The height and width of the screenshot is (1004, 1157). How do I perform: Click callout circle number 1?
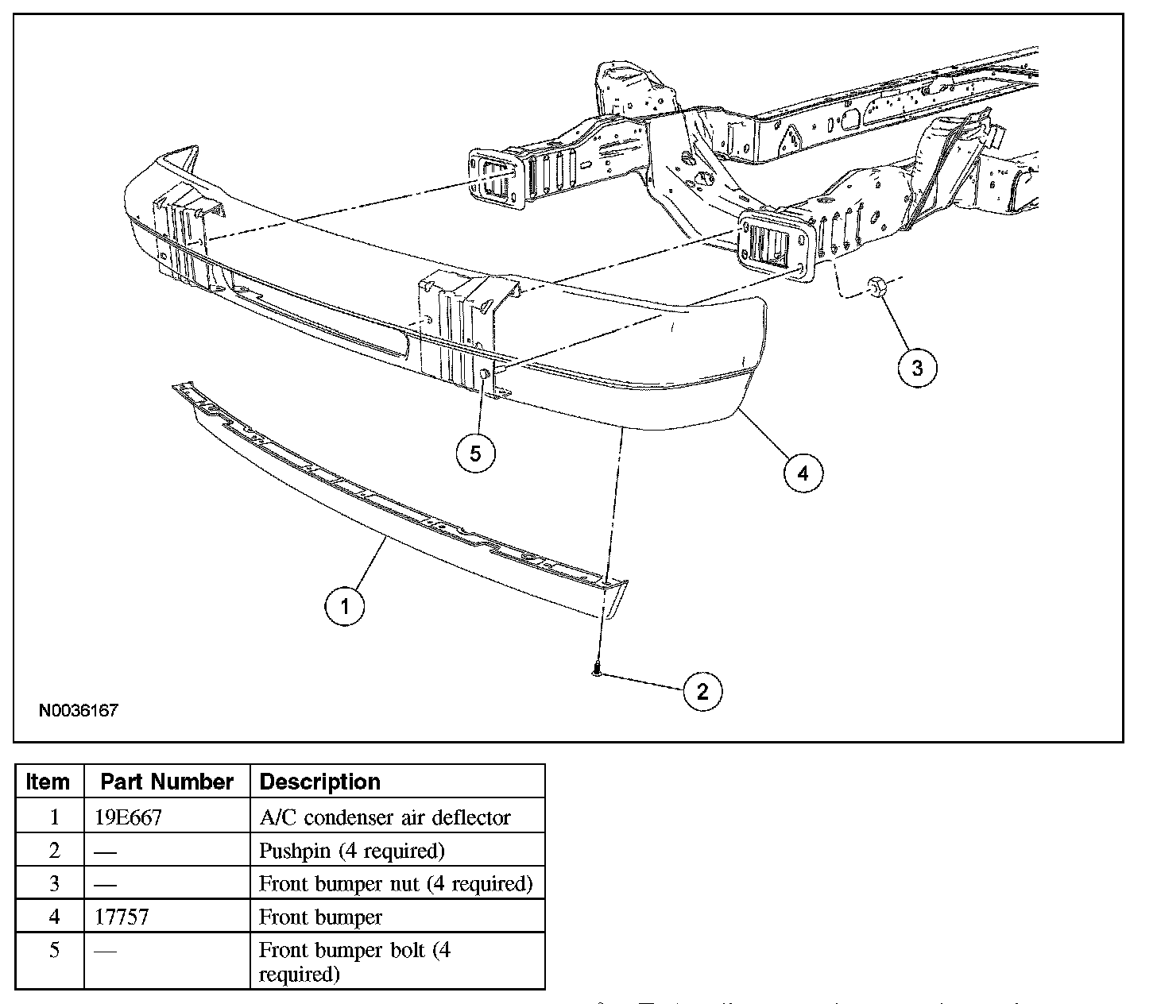pyautogui.click(x=345, y=607)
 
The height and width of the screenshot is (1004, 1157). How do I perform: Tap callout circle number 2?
pyautogui.click(x=702, y=691)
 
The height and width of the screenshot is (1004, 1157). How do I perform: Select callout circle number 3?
pyautogui.click(x=917, y=368)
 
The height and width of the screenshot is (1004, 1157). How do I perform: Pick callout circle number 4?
pyautogui.click(x=803, y=473)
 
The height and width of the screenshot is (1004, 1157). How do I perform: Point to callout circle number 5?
pyautogui.click(x=475, y=454)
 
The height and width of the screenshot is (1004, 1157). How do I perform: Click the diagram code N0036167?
pyautogui.click(x=79, y=710)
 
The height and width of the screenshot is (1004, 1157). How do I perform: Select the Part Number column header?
pyautogui.click(x=167, y=782)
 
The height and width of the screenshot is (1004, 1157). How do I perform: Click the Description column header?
pyautogui.click(x=320, y=782)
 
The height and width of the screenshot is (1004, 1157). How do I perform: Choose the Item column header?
pyautogui.click(x=48, y=782)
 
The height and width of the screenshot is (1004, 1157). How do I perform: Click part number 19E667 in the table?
pyautogui.click(x=128, y=817)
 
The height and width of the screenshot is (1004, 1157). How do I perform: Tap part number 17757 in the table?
pyautogui.click(x=122, y=917)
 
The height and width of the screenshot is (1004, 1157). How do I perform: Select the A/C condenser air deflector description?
pyautogui.click(x=385, y=817)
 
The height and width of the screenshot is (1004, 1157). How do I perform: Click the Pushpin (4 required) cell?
pyautogui.click(x=352, y=851)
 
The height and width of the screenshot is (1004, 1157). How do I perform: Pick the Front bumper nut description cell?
pyautogui.click(x=396, y=883)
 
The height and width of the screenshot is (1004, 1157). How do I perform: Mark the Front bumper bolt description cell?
pyautogui.click(x=354, y=961)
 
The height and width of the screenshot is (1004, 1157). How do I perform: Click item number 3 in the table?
pyautogui.click(x=54, y=883)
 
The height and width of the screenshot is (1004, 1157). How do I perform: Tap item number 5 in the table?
pyautogui.click(x=54, y=950)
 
